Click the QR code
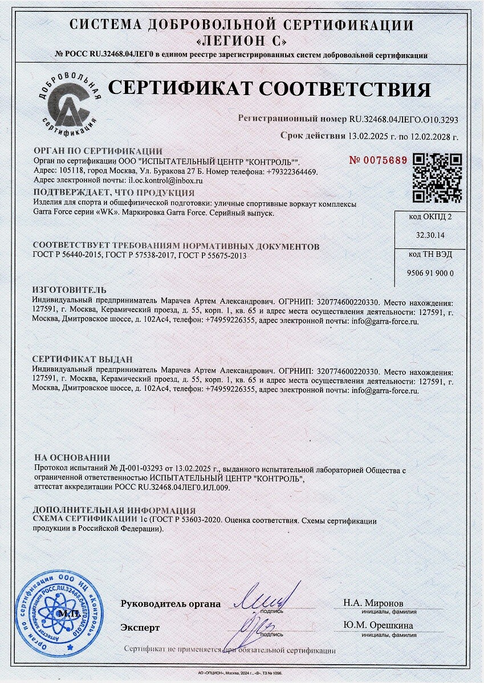437,178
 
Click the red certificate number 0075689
379,160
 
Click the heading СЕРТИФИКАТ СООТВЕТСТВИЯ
269,89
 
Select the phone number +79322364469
291,171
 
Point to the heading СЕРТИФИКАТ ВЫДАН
83,359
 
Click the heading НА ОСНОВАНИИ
72,457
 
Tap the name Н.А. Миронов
372,603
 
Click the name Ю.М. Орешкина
378,625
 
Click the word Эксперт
140,627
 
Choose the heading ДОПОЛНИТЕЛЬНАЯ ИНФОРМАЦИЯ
114,510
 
